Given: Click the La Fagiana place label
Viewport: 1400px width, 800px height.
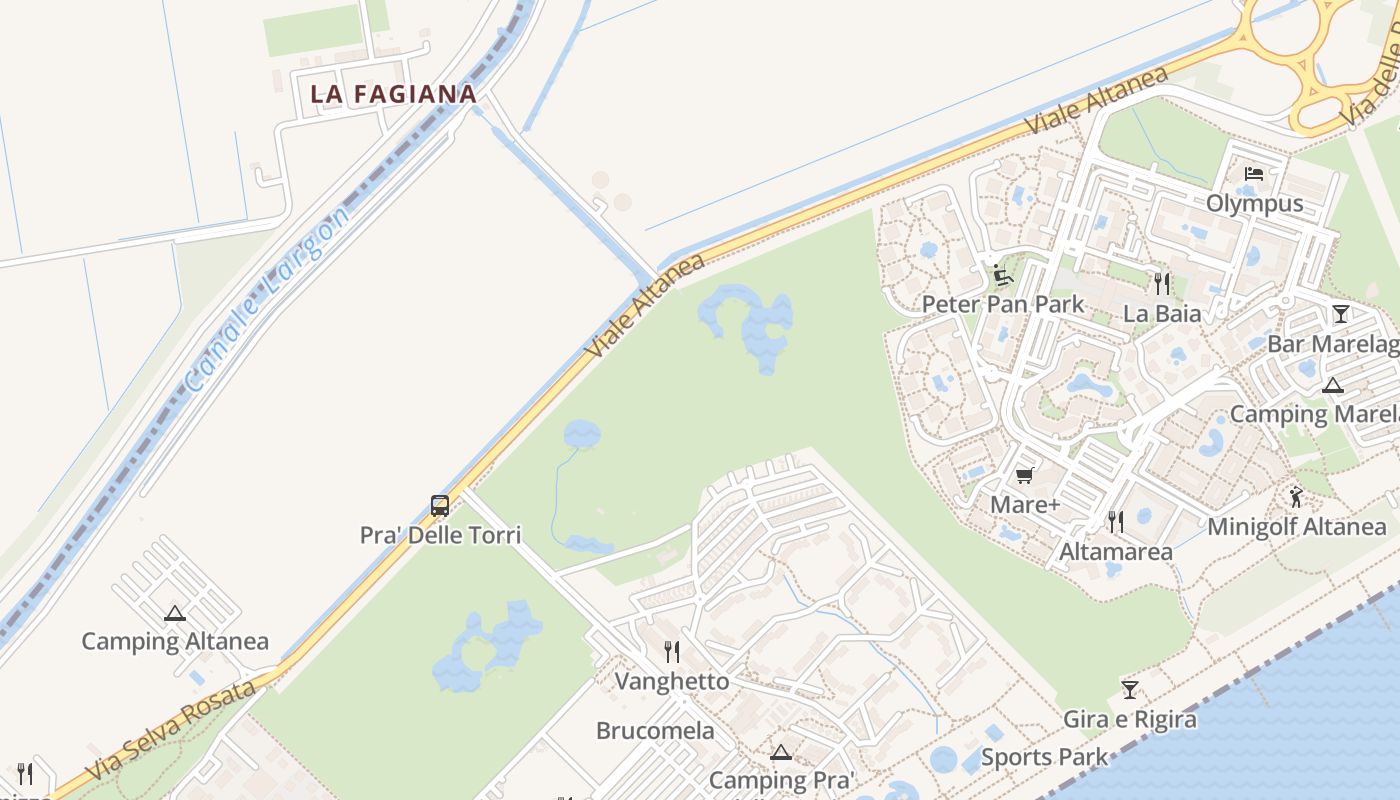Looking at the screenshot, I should coord(393,94).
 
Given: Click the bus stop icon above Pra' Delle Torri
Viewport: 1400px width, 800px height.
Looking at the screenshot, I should coord(440,505).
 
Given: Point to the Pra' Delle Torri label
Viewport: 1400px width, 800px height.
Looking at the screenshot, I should coord(440,535).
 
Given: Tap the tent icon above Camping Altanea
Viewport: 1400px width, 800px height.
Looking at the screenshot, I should coord(175,613).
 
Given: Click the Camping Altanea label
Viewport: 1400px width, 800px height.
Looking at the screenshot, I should coord(175,641).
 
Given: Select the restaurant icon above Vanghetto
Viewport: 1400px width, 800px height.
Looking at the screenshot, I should coord(672,652).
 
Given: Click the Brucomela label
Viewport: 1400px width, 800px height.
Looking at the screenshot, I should coord(655,731).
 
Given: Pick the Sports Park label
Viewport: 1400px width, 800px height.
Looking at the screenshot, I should coord(1044,757).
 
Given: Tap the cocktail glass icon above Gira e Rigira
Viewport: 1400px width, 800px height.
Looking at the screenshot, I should coord(1130,689).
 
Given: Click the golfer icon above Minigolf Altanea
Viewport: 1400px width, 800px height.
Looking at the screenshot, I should coord(1296,496).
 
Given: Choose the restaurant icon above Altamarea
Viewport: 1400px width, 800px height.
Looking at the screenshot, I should coord(1116,521).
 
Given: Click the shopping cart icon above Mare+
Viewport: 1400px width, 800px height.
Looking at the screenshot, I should coord(1024,476).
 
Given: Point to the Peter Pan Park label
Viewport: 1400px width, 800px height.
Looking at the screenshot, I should coord(1003,304).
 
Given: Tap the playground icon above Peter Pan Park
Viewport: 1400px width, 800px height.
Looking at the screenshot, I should coord(1002,275).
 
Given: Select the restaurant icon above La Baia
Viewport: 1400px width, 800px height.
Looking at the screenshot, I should coord(1161,284).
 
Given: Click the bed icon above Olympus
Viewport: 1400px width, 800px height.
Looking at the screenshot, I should coord(1254,174).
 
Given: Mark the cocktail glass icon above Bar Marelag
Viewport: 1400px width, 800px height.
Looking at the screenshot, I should coord(1340,314).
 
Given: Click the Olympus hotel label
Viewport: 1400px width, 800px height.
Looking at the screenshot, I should coord(1254,204).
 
